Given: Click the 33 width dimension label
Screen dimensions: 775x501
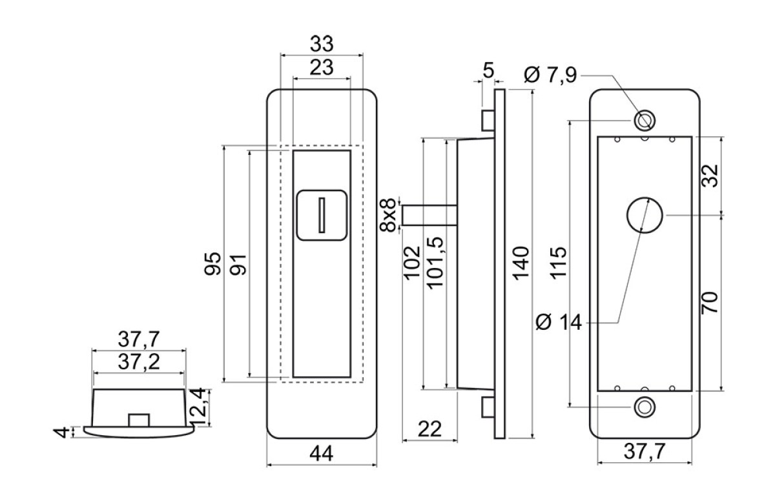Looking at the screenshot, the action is click(322, 44).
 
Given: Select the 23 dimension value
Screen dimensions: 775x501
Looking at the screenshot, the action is click(322, 67).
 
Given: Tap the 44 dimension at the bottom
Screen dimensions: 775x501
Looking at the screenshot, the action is click(322, 453).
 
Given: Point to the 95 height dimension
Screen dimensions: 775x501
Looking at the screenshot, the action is click(212, 263).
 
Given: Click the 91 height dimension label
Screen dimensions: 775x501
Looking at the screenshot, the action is click(238, 265).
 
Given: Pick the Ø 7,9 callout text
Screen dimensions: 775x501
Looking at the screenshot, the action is click(550, 75).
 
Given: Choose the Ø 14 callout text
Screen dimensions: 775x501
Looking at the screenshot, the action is click(559, 322).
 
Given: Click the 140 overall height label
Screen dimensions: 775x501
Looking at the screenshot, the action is click(521, 263).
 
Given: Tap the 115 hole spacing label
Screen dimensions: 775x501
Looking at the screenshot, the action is click(559, 263).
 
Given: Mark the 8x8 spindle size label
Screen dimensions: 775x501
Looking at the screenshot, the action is click(387, 215).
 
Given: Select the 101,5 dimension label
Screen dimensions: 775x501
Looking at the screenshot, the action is click(435, 263).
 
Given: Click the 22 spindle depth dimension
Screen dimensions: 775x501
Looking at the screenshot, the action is click(429, 429).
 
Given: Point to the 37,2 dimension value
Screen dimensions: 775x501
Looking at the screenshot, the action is click(139, 362).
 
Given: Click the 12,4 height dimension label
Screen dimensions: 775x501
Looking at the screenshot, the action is click(199, 407).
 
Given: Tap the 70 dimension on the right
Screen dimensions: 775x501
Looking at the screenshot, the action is click(710, 303).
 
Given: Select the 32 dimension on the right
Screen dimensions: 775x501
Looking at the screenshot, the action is click(710, 176).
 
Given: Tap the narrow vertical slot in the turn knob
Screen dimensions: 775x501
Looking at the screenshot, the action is click(322, 215).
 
